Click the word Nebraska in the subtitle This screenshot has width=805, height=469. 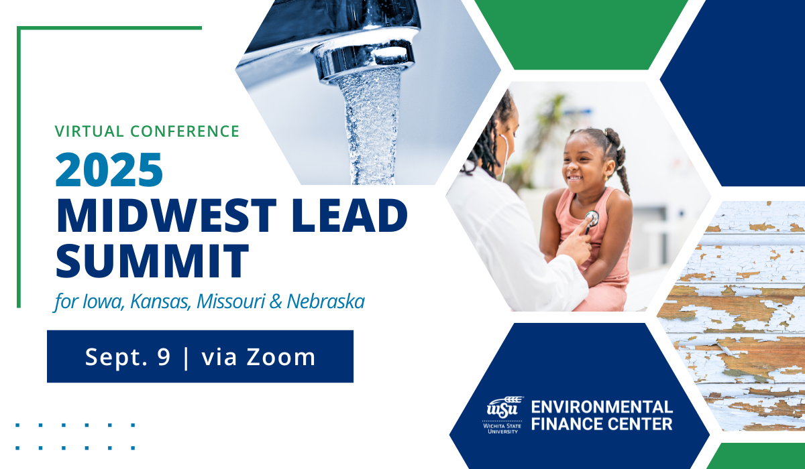(x=325, y=301)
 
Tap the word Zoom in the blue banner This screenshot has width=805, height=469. (x=281, y=357)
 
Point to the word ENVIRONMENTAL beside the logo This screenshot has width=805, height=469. (x=602, y=407)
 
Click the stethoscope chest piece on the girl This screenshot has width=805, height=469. (x=590, y=218)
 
